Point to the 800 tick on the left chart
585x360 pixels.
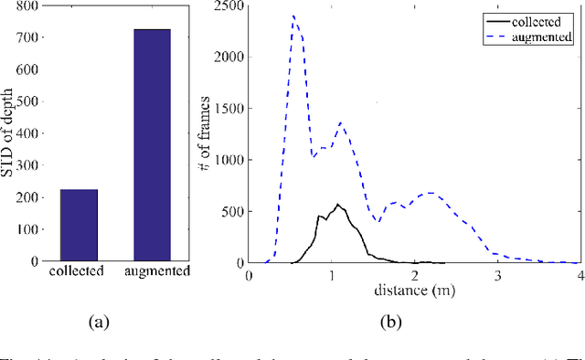pos(29,6)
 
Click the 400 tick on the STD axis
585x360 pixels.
pos(29,134)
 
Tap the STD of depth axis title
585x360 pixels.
pos(9,134)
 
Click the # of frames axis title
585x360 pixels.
pos(207,134)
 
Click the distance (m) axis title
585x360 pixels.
pos(416,291)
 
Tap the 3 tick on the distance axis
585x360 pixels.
pos(498,274)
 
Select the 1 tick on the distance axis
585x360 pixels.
pos(333,274)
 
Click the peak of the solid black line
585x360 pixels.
pos(336,205)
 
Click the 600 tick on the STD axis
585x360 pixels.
pos(29,70)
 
